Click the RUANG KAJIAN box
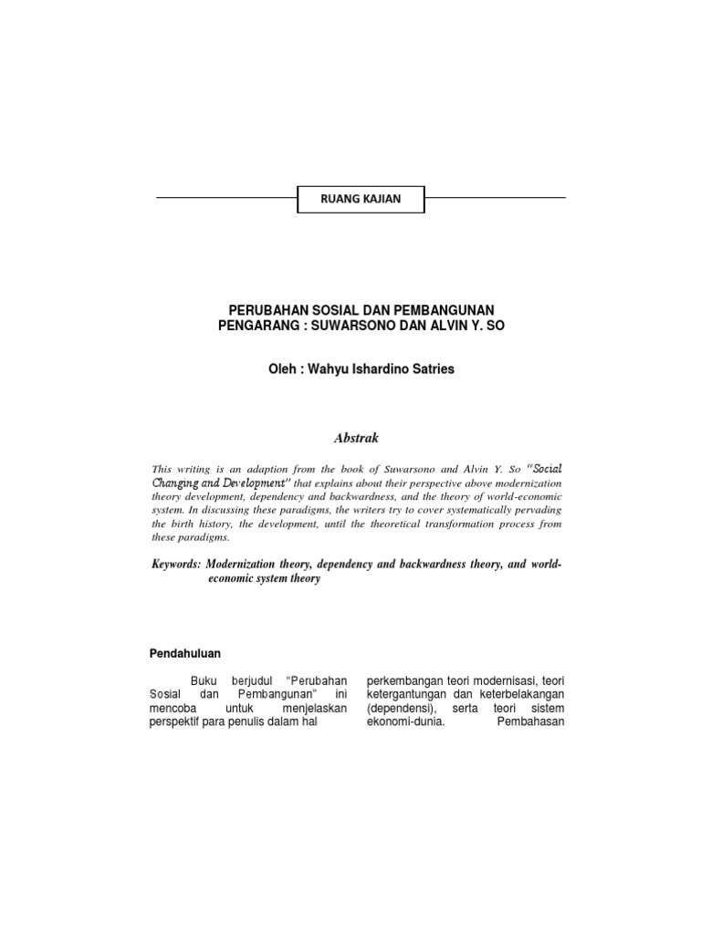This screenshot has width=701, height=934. (361, 198)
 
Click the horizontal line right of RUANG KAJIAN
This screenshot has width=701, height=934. (496, 197)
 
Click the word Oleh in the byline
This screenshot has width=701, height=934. (277, 370)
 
